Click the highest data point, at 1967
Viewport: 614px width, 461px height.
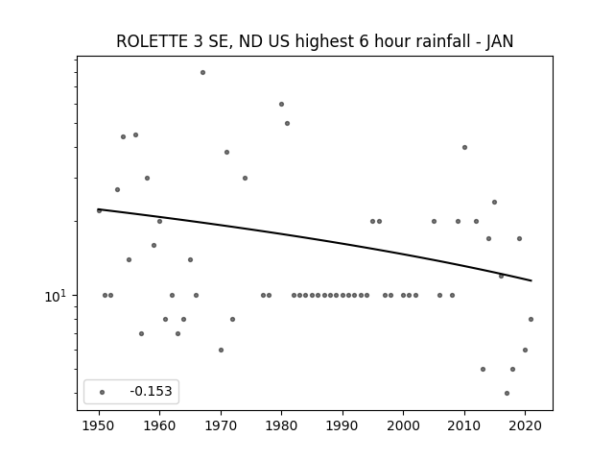pos(202,73)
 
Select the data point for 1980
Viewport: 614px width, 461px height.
pos(281,105)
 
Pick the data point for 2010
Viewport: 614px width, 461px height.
pos(464,147)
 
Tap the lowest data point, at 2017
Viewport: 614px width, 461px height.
pos(508,393)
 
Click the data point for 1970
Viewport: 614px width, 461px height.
pos(222,350)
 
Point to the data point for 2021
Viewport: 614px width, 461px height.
pos(531,320)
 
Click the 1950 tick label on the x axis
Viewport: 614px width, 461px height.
pos(99,425)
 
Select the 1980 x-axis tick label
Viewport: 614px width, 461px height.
pos(281,425)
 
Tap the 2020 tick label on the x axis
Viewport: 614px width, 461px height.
pos(525,425)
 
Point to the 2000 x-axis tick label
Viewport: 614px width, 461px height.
pos(403,425)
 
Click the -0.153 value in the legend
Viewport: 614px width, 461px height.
pos(152,391)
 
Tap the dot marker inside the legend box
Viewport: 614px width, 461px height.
pos(103,392)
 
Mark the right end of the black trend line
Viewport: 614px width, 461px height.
pos(531,280)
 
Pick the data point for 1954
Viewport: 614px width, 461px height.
pos(124,136)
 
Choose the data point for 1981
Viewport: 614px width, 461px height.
pos(288,124)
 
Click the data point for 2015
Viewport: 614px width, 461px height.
pos(495,203)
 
